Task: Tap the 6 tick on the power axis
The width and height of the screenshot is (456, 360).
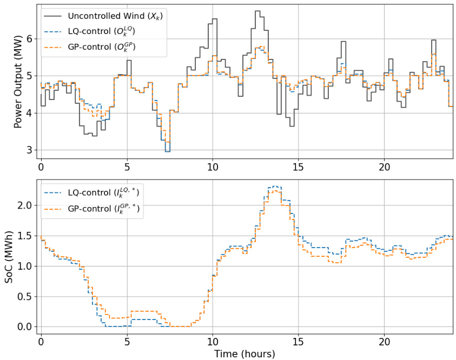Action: tap(30, 39)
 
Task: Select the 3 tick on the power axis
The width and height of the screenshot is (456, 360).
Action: tap(30, 150)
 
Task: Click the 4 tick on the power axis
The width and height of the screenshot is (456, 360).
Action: tap(30, 113)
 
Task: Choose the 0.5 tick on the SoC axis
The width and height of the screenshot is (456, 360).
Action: tap(25, 297)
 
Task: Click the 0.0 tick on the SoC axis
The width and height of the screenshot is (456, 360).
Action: tap(25, 327)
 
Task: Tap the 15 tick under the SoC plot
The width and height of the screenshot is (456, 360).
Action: tap(299, 342)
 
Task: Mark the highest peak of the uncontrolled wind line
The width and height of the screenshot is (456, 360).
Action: tap(257, 11)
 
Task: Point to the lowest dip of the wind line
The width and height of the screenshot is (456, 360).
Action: tap(168, 151)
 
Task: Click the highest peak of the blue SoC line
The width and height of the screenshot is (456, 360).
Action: tap(275, 186)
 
